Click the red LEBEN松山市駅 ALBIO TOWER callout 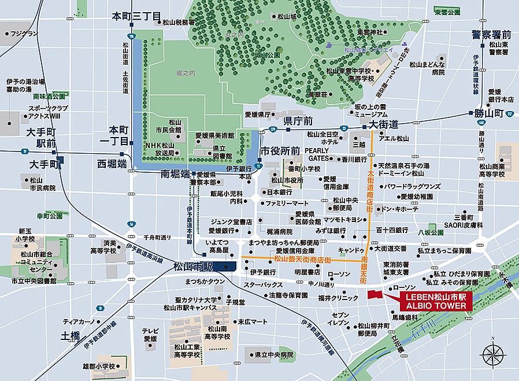pos(435,301)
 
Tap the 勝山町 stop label pos(488,113)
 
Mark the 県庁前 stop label pos(298,121)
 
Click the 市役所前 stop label pos(280,150)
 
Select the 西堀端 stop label pos(112,164)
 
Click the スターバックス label pos(263,284)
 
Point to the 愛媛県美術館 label pos(214,135)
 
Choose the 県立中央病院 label pos(270,354)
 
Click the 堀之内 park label pos(187,73)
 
